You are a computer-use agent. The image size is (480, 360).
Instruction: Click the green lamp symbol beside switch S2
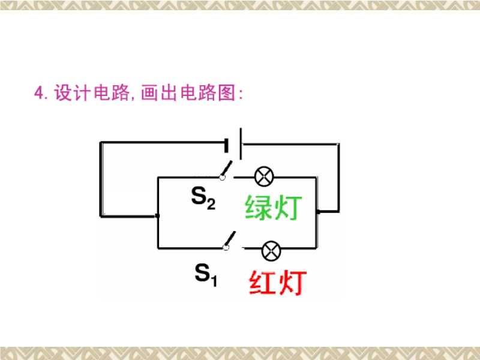(264, 176)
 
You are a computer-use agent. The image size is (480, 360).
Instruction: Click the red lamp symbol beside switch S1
(271, 251)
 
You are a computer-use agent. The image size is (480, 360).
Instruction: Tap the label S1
(206, 275)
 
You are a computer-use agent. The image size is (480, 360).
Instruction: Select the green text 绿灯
(274, 207)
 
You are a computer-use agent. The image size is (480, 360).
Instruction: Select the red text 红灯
(278, 282)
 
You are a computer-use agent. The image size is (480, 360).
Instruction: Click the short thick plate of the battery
(226, 145)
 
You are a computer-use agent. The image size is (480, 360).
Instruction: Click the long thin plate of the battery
(241, 143)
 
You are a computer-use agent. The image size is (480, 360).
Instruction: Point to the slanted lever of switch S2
(227, 168)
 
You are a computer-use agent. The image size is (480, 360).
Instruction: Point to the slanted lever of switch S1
(230, 238)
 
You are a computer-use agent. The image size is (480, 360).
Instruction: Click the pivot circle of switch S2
(222, 177)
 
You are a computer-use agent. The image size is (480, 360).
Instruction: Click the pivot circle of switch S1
(226, 248)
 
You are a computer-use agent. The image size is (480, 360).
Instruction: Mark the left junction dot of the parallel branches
(157, 216)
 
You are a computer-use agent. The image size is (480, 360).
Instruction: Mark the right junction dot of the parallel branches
(318, 212)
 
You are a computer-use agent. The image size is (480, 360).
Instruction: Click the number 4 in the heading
(38, 92)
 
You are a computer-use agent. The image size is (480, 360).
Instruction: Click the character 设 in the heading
(64, 92)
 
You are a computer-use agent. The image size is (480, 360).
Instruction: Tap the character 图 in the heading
(227, 92)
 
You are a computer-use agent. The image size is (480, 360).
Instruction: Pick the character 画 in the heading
(149, 92)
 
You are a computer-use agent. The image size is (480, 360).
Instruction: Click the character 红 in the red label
(263, 282)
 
